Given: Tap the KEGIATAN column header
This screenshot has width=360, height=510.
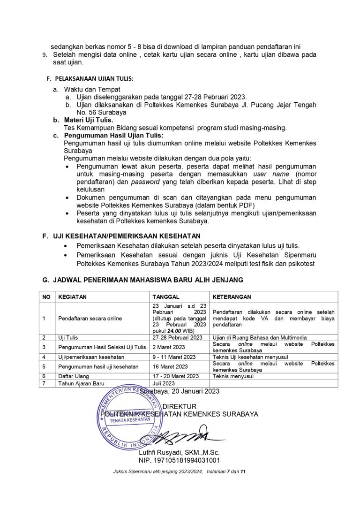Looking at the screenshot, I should click(72, 297).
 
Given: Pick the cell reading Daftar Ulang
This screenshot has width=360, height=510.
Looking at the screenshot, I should click(73, 376).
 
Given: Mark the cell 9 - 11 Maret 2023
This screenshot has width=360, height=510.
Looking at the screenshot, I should click(173, 357).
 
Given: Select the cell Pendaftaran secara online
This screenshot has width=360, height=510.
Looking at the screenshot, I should click(90, 318).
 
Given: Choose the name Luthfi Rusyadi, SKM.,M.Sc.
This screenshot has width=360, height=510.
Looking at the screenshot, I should click(179, 453).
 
